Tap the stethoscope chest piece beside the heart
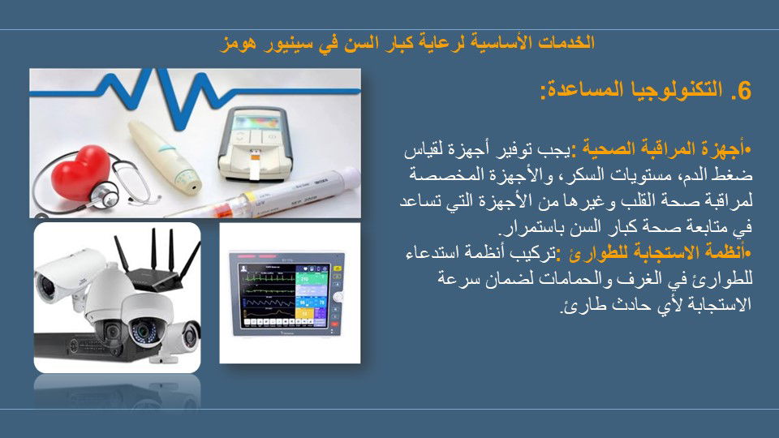(105, 195)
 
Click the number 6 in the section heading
(744, 91)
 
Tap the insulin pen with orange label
(263, 196)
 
